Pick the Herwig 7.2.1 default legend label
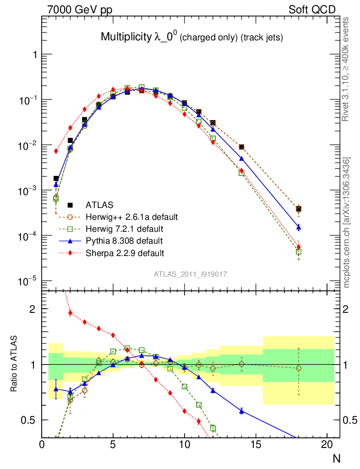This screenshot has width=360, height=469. pyautogui.click(x=125, y=229)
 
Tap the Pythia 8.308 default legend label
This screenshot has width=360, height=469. pyautogui.click(x=124, y=240)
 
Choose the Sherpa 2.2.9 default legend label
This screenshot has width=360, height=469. pyautogui.click(x=125, y=252)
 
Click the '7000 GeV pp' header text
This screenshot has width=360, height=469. pyautogui.click(x=80, y=10)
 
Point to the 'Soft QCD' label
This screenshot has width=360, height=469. pyautogui.click(x=312, y=10)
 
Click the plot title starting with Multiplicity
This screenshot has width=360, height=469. pyautogui.click(x=191, y=38)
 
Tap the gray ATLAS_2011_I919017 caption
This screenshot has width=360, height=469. pyautogui.click(x=191, y=274)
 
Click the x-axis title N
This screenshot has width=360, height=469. pyautogui.click(x=337, y=458)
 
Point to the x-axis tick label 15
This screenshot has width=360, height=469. pyautogui.click(x=256, y=444)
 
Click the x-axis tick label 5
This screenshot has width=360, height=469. pyautogui.click(x=113, y=444)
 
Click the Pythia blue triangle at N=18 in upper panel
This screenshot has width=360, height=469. pyautogui.click(x=299, y=227)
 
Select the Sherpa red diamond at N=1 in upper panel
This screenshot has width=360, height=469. pyautogui.click(x=56, y=151)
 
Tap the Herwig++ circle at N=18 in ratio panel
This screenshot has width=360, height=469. pyautogui.click(x=299, y=368)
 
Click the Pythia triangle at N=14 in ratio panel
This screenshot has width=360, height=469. pyautogui.click(x=241, y=411)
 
